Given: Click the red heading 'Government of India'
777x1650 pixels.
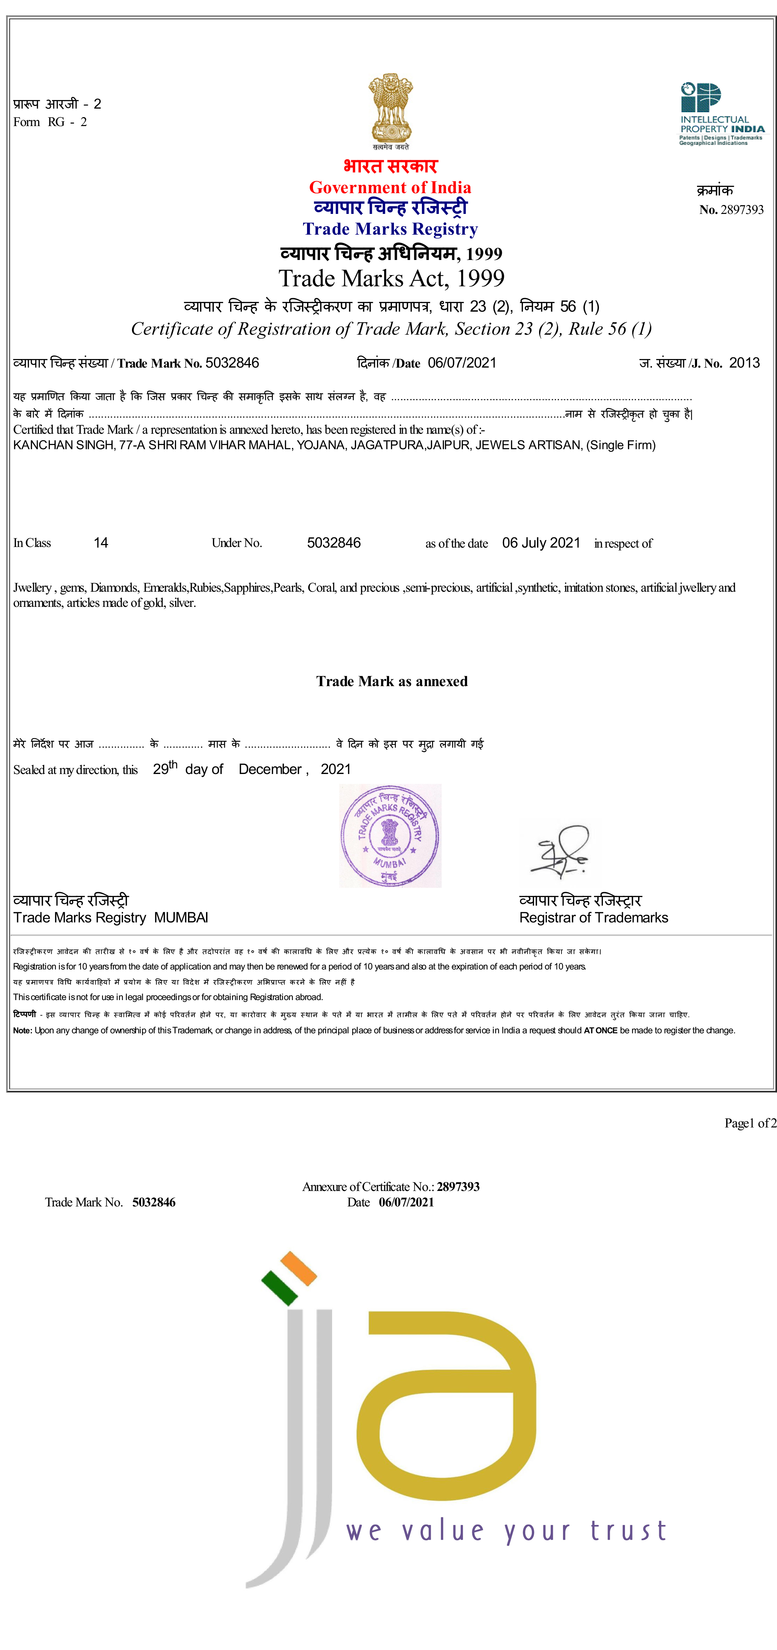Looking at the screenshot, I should (x=390, y=188).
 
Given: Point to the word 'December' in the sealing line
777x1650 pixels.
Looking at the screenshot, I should (x=270, y=769).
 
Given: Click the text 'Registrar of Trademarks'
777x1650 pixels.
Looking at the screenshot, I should (x=593, y=918).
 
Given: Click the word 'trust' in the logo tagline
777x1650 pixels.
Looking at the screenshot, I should (x=628, y=1531).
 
